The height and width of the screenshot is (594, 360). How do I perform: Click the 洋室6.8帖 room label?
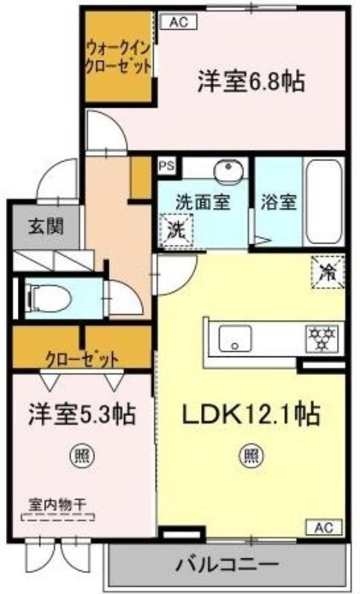point(251,82)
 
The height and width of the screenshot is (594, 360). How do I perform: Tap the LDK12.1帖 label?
point(251,413)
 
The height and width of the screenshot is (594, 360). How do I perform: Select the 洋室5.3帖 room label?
point(82,414)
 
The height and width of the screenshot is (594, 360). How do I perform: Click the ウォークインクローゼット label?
point(119,57)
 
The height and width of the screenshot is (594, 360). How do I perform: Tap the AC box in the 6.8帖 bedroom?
point(178,22)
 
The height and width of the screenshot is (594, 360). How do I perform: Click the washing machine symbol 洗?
point(177,228)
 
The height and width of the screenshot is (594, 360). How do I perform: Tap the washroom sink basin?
point(226,172)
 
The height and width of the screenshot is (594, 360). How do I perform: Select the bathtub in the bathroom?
point(324,200)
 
